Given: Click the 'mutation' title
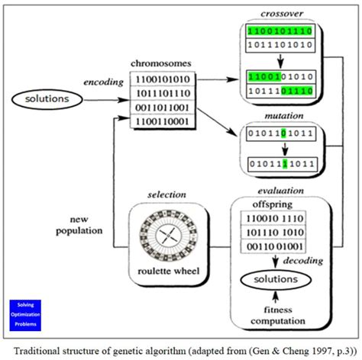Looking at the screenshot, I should point(282,117).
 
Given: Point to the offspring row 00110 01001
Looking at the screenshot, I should point(276,246).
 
